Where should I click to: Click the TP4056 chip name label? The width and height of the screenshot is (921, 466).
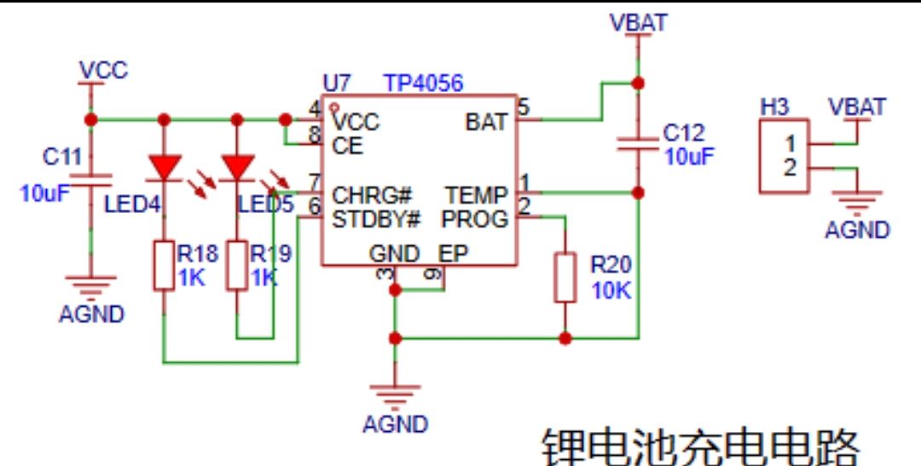tap(423, 83)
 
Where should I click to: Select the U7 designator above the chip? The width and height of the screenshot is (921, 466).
tap(337, 83)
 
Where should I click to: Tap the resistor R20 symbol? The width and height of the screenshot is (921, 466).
tap(565, 276)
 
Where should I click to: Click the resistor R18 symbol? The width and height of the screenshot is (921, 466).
tap(164, 265)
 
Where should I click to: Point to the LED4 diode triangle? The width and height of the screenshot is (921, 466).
tap(164, 167)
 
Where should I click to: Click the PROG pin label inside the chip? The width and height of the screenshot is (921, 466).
tap(474, 219)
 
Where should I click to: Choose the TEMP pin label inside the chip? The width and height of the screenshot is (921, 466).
tap(476, 196)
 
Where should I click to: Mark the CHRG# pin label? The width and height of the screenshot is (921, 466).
tap(373, 196)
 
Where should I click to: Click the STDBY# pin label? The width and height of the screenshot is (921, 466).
tap(376, 219)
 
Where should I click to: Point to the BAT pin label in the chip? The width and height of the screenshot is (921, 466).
tap(486, 122)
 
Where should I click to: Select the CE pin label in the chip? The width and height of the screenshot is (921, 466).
tap(347, 146)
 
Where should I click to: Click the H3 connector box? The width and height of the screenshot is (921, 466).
tap(784, 155)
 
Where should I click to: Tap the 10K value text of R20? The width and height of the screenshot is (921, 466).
tap(611, 290)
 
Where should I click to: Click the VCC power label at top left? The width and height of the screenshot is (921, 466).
tap(103, 70)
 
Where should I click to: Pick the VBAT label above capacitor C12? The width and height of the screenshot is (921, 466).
tap(639, 23)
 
